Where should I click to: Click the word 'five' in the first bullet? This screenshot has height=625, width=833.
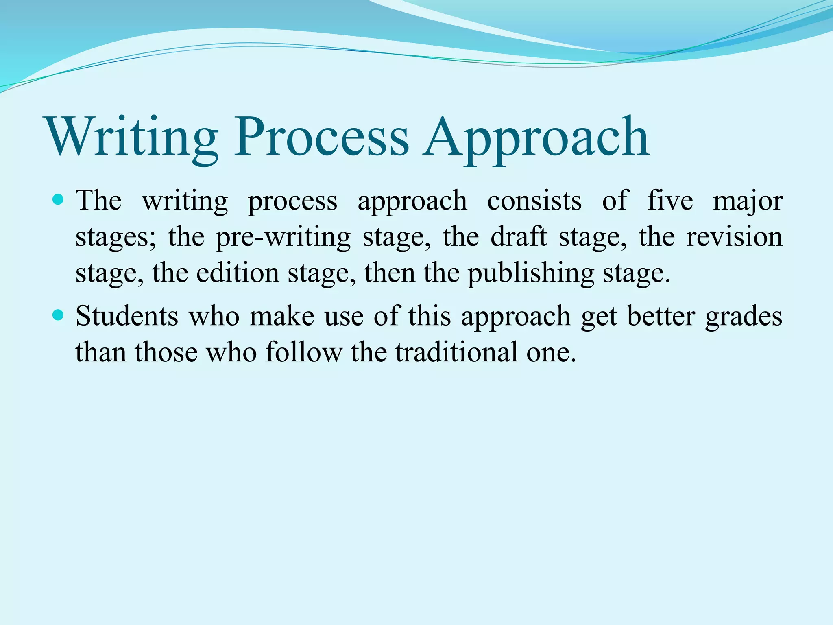[670, 201]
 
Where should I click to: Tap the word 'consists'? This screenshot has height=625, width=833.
[534, 201]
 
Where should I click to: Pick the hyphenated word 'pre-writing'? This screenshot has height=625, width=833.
[283, 237]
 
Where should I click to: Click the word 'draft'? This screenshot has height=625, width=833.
[519, 236]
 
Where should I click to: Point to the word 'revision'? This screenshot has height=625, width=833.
[734, 236]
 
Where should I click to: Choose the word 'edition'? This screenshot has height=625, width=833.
[238, 273]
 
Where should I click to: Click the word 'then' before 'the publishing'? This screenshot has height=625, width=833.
[389, 273]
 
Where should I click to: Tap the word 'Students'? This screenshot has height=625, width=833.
[127, 316]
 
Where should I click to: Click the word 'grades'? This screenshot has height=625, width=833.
[744, 317]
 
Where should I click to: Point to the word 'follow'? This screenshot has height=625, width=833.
[304, 352]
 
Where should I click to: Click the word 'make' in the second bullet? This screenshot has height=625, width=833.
[282, 316]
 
